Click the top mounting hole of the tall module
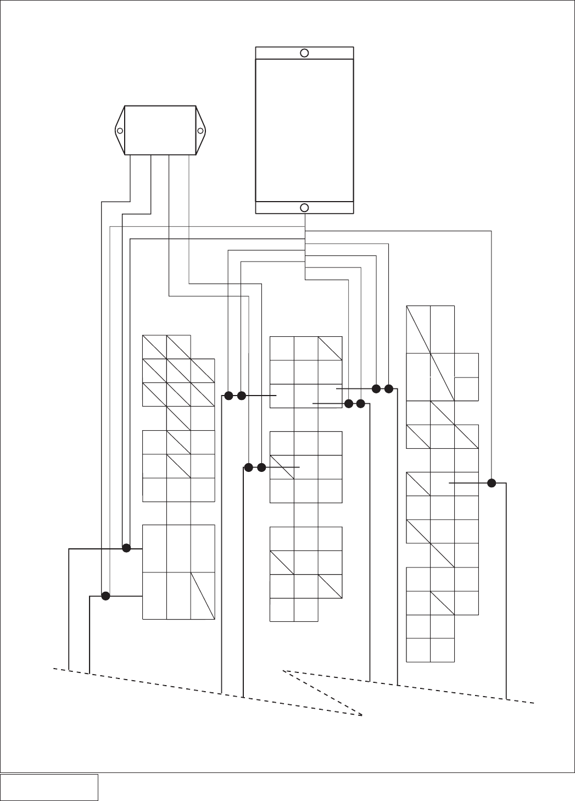pyautogui.click(x=304, y=53)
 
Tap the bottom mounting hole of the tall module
pyautogui.click(x=304, y=208)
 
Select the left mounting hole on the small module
pyautogui.click(x=120, y=131)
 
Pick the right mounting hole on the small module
pyautogui.click(x=200, y=131)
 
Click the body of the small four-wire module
pyautogui.click(x=160, y=131)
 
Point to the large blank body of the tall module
pyautogui.click(x=304, y=130)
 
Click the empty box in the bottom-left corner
pyautogui.click(x=49, y=787)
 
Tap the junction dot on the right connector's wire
pyautogui.click(x=492, y=483)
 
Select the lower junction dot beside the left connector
pyautogui.click(x=105, y=596)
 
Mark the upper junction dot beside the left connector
pyautogui.click(x=126, y=548)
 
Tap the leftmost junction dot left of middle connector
pyautogui.click(x=228, y=396)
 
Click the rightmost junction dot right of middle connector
pyautogui.click(x=389, y=389)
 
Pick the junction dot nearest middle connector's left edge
pyautogui.click(x=261, y=468)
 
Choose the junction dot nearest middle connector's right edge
pyautogui.click(x=348, y=404)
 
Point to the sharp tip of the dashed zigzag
pyautogui.click(x=363, y=716)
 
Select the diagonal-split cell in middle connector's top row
pyautogui.click(x=330, y=348)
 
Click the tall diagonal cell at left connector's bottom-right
pyautogui.click(x=203, y=596)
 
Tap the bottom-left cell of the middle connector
pyautogui.click(x=282, y=610)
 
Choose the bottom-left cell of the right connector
pyautogui.click(x=418, y=650)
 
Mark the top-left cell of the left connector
pyautogui.click(x=154, y=347)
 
